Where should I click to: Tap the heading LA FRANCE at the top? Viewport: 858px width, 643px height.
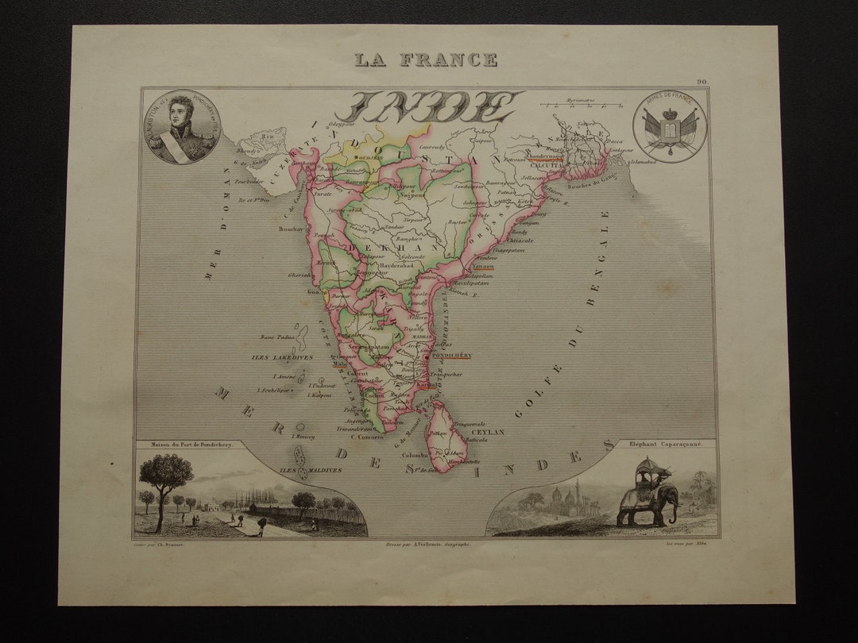pyautogui.click(x=426, y=60)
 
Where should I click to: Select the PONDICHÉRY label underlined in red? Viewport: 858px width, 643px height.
pyautogui.click(x=450, y=356)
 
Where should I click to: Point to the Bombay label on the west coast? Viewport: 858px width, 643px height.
pyautogui.click(x=286, y=229)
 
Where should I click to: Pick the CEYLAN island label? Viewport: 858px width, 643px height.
pyautogui.click(x=493, y=432)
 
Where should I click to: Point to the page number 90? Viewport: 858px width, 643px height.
pyautogui.click(x=702, y=82)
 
